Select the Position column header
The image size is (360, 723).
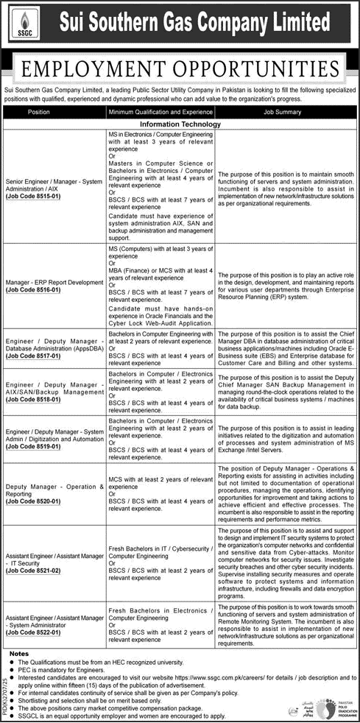tap(39, 112)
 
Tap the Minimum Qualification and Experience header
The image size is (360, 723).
tap(160, 112)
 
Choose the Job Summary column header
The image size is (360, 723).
tap(283, 112)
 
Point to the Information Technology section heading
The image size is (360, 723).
tap(180, 125)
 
